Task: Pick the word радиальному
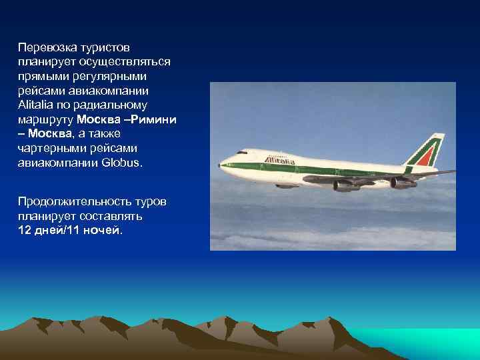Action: coord(113,105)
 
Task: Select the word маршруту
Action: coord(46,119)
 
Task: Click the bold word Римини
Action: coord(154,119)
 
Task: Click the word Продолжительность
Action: coord(71,201)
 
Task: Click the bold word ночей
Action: coord(103,230)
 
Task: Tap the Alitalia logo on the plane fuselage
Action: coord(280,160)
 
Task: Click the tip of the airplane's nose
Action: coord(221,166)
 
